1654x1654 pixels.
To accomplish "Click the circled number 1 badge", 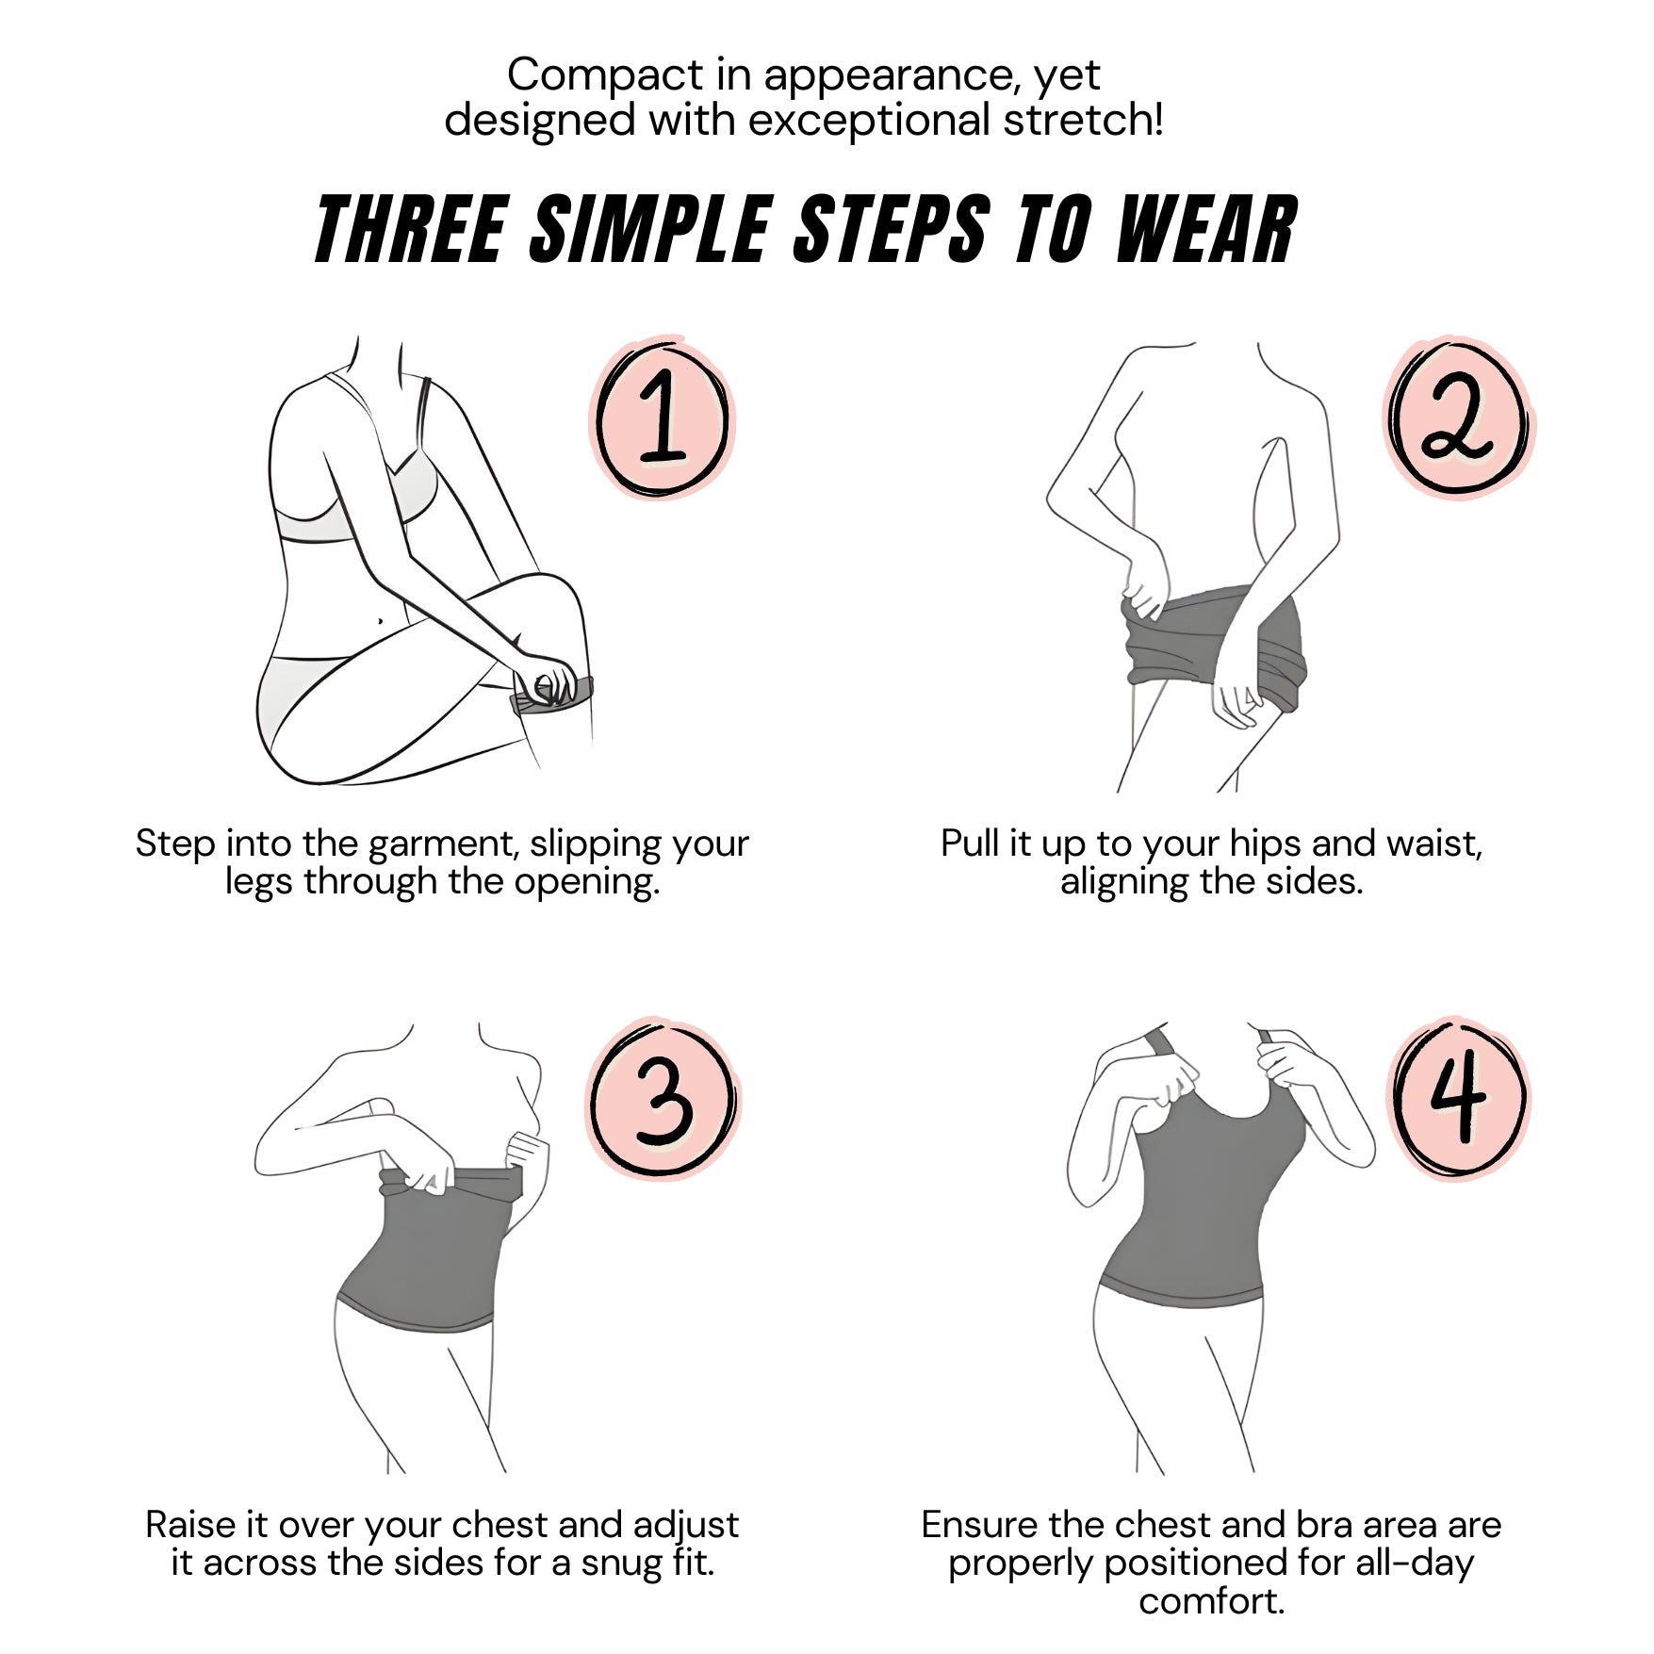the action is coord(663,418).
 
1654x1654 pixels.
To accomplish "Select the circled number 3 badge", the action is coord(663,1099).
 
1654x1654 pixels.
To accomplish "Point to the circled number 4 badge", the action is coord(1459,1097).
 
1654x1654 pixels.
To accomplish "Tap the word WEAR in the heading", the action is coord(1207,229).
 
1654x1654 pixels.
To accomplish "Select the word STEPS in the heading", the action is coord(892,229).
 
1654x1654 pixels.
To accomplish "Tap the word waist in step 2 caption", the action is coord(1433,843).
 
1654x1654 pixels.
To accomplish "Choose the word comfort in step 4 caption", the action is coord(1210,1601).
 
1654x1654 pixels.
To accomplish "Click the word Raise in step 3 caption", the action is coord(192,1525).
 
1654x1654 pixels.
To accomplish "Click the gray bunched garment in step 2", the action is coord(1214,641).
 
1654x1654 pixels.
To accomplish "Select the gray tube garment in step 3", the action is coord(429,1249).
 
